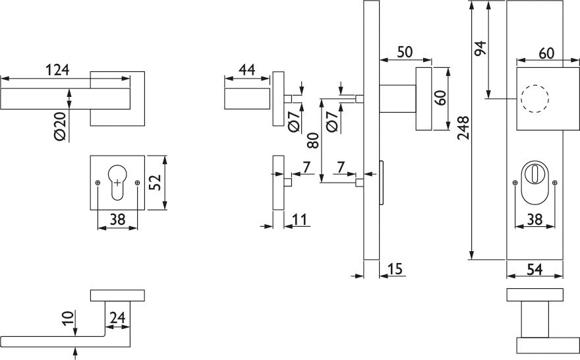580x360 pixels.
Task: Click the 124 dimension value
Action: pos(57,69)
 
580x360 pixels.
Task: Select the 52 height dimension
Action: pos(155,183)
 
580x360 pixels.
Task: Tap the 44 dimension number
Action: pos(247,69)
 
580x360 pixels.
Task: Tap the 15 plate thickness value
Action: pos(395,268)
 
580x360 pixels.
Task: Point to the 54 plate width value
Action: pos(535,268)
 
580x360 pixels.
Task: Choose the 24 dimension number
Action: pos(117,318)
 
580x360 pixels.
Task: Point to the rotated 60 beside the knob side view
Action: pos(441,98)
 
